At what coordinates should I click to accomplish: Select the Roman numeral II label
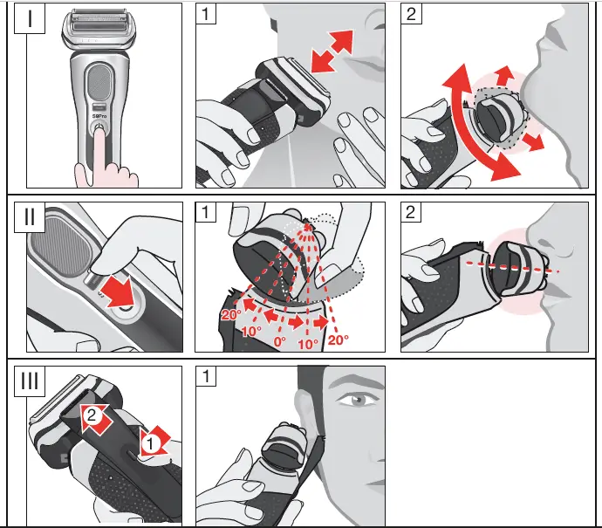[32, 216]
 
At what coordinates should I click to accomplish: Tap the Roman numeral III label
[32, 382]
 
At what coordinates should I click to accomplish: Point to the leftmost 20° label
[231, 315]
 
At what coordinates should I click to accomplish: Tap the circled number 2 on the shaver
[89, 415]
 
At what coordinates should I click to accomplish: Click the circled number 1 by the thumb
[150, 442]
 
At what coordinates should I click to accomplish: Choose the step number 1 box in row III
[205, 377]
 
